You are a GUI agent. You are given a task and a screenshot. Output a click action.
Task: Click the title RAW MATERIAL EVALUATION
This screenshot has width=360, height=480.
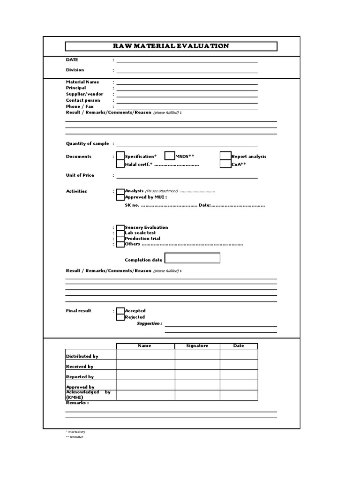171,46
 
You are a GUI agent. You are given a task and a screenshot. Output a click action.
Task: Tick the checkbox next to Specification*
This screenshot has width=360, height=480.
120,156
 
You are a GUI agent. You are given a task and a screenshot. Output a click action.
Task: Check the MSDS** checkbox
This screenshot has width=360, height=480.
170,156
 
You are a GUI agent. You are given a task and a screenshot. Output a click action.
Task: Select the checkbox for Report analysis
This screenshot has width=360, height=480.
225,156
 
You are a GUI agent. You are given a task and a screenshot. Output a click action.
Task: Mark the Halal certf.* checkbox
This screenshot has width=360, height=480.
120,164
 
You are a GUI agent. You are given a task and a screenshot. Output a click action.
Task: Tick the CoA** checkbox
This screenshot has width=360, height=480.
225,164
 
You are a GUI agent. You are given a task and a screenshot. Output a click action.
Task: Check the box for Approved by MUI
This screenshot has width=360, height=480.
120,197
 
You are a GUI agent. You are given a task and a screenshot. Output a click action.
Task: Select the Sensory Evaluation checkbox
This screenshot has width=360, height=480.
120,227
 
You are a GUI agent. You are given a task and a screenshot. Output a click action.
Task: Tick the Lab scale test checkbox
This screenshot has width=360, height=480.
120,233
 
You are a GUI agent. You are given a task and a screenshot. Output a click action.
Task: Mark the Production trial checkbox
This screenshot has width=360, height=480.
120,239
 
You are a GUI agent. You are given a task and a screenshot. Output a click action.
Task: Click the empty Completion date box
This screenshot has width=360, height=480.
192,258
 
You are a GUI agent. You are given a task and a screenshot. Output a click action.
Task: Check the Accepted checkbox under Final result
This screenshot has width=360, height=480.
120,311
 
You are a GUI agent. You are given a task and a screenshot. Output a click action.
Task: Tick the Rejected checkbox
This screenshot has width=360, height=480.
120,317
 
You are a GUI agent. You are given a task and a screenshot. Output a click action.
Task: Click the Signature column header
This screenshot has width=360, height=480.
197,346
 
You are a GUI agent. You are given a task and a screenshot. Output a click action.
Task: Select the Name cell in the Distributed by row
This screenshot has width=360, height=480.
145,354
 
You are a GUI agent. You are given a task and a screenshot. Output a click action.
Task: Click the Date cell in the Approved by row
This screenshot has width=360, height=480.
239,385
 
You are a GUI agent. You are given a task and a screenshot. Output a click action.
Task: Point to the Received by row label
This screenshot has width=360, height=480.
80,367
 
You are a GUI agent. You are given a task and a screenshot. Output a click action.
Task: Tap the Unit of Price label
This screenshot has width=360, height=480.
80,175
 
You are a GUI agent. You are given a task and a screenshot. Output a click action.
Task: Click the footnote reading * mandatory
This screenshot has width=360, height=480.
75,431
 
